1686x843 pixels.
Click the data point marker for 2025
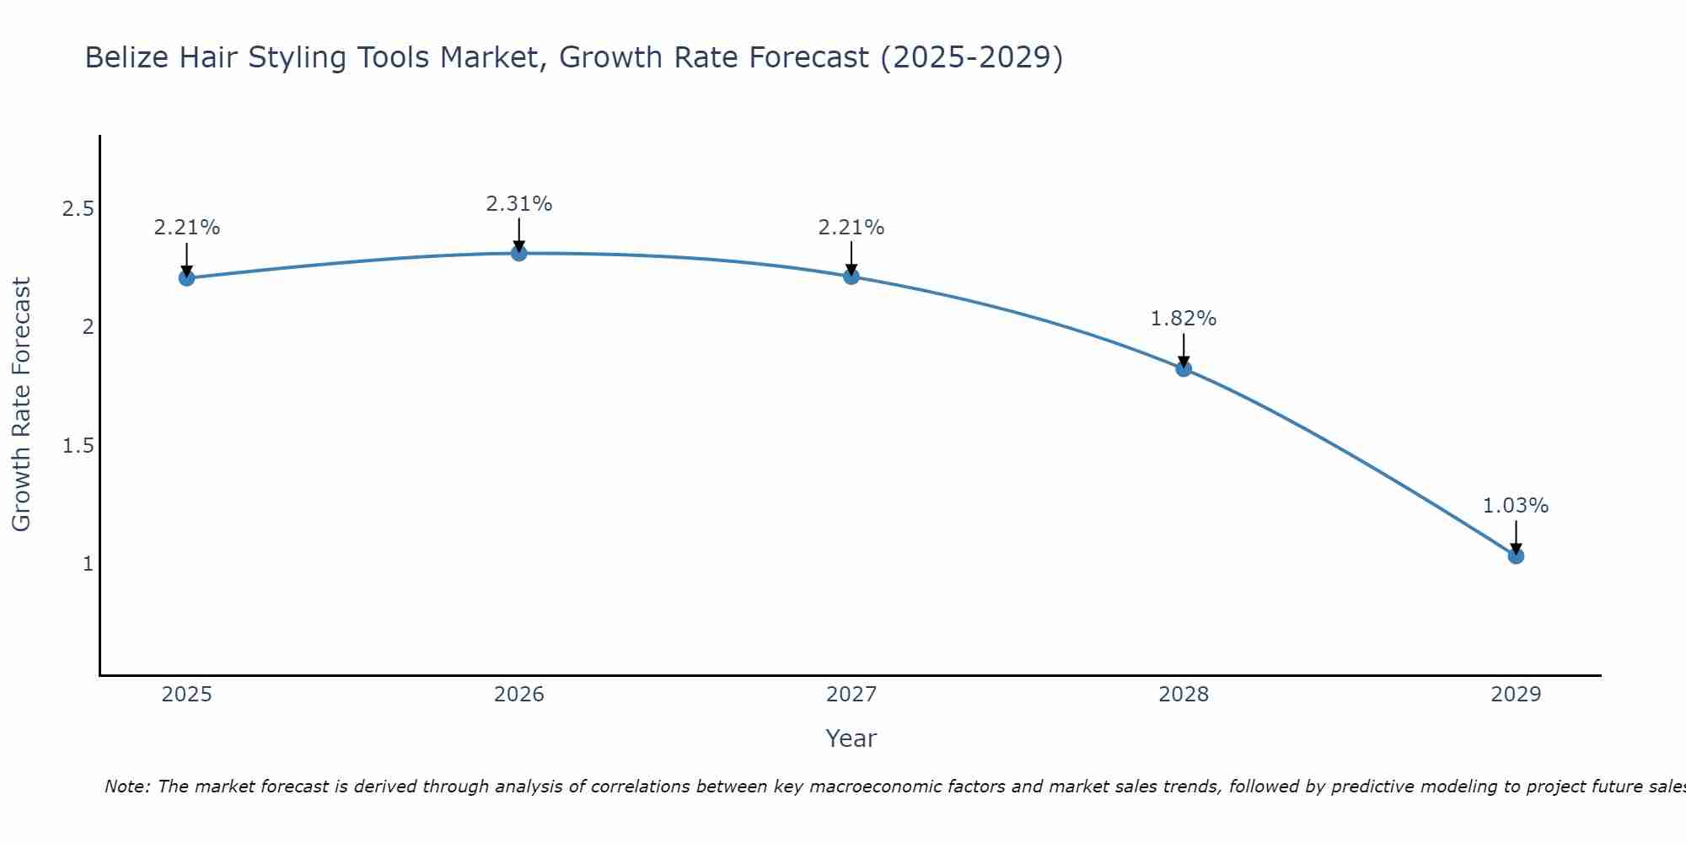pos(187,278)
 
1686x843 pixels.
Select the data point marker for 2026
pos(519,253)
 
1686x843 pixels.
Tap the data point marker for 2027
pos(851,277)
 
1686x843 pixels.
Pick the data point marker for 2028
pos(1184,368)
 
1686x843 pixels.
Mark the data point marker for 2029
pos(1516,556)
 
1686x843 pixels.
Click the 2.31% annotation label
pos(519,204)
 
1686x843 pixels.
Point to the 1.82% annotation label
pos(1184,319)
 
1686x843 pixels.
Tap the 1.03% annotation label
pos(1516,506)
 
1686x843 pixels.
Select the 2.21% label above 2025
pos(187,228)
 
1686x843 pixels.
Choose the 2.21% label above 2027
pos(851,228)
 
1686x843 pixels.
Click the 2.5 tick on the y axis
pos(78,209)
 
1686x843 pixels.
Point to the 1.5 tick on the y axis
pos(78,446)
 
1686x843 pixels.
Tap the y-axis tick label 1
pos(88,564)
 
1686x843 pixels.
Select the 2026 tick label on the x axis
pos(519,695)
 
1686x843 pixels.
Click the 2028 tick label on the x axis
pos(1184,695)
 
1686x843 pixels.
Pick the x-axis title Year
pos(851,738)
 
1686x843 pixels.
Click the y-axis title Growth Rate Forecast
pos(21,405)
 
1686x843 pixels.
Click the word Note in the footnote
pos(126,787)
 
